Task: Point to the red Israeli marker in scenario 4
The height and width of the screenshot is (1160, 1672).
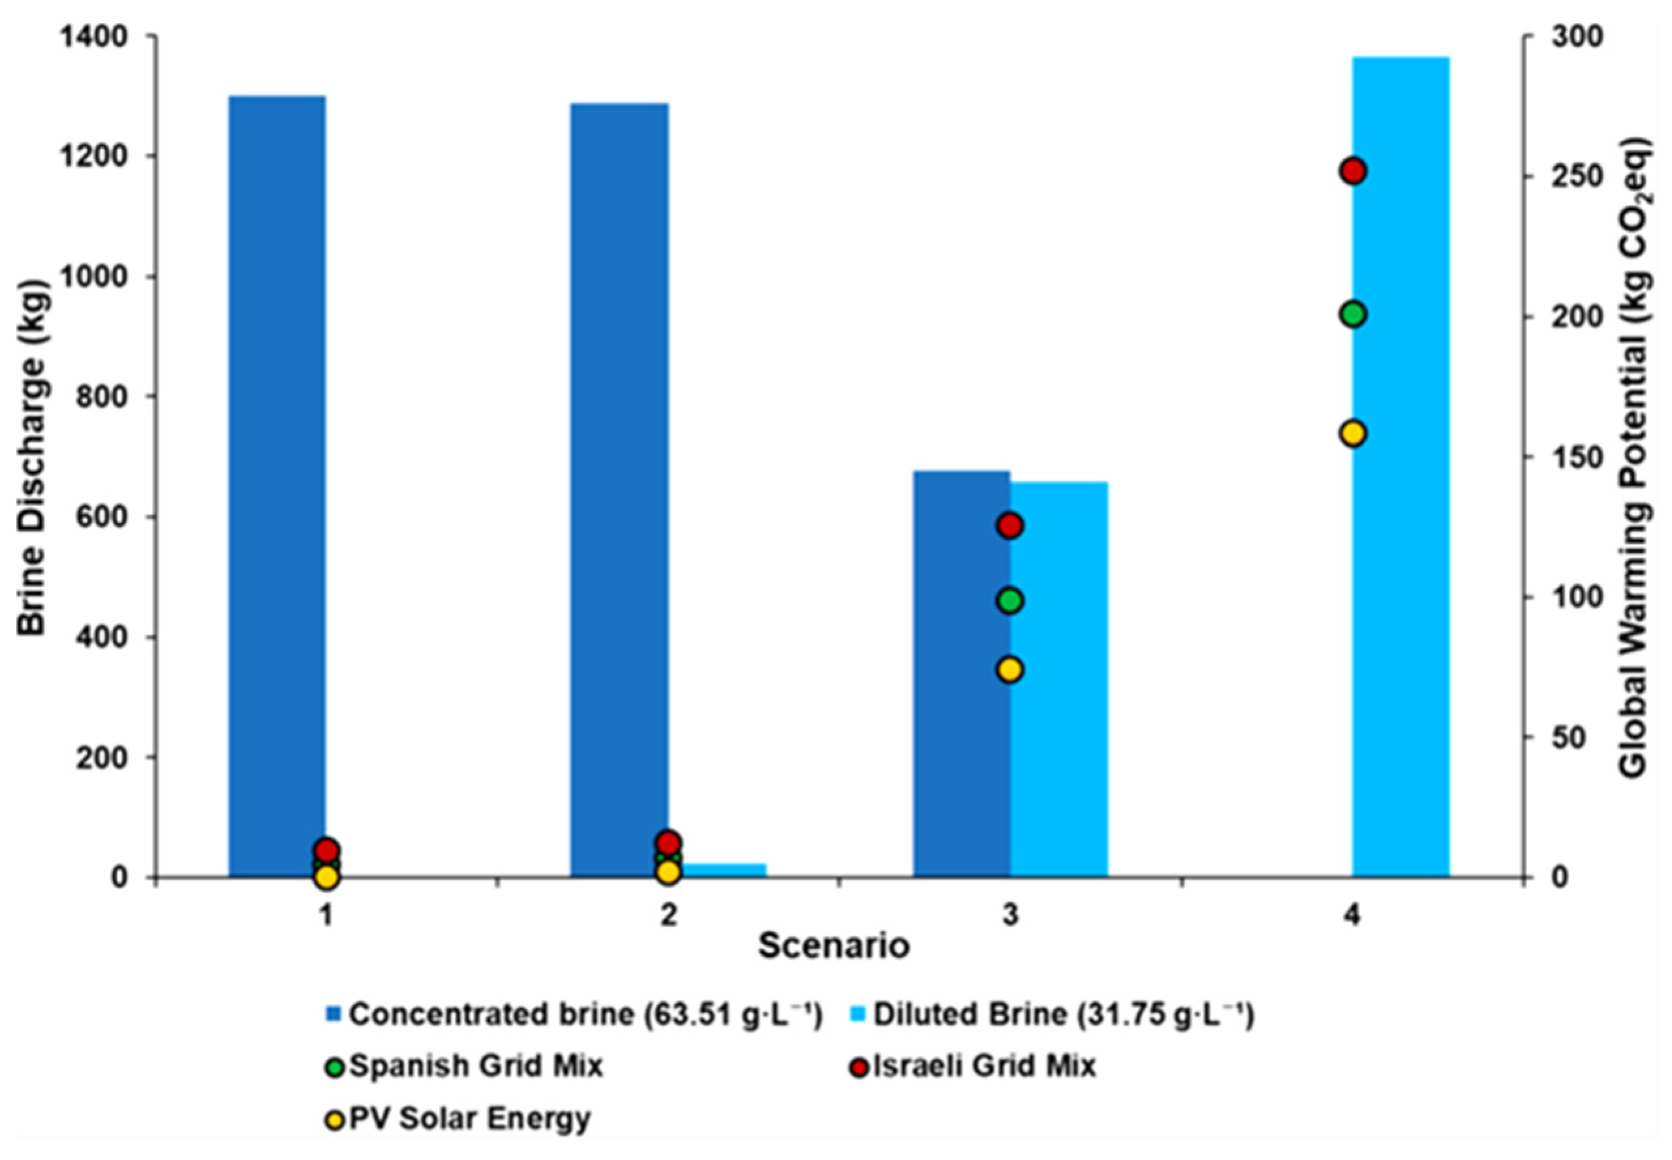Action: pyautogui.click(x=1353, y=172)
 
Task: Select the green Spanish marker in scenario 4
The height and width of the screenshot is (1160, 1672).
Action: pyautogui.click(x=1353, y=315)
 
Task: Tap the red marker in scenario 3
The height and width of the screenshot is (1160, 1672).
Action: pyautogui.click(x=1010, y=526)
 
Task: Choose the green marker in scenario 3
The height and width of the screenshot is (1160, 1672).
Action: pyautogui.click(x=1010, y=601)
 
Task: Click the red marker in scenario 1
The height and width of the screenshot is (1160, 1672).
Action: pyautogui.click(x=327, y=850)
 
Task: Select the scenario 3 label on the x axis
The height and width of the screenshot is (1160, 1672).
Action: pyautogui.click(x=1010, y=916)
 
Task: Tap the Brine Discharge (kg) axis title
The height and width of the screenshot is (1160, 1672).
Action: pyautogui.click(x=33, y=458)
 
